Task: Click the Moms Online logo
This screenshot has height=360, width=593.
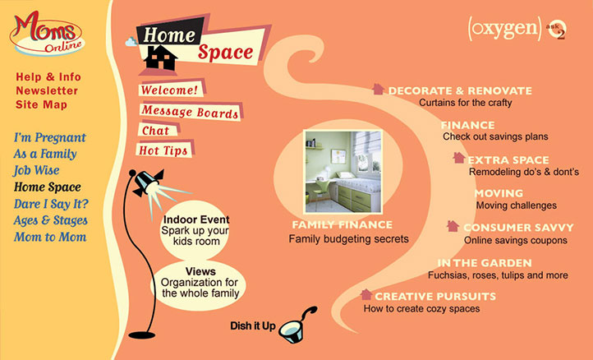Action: pyautogui.click(x=48, y=32)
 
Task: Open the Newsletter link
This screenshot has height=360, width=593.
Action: pyautogui.click(x=47, y=90)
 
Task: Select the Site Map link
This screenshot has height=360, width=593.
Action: pyautogui.click(x=41, y=104)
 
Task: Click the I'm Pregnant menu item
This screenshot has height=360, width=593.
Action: pyautogui.click(x=49, y=137)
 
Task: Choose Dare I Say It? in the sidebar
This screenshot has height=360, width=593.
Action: pyautogui.click(x=51, y=204)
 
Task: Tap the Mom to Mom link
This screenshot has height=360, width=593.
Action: pyautogui.click(x=49, y=238)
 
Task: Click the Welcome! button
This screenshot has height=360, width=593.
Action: pyautogui.click(x=169, y=90)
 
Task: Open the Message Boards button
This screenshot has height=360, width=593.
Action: pyautogui.click(x=190, y=111)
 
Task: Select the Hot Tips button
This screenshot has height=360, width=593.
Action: pyautogui.click(x=164, y=150)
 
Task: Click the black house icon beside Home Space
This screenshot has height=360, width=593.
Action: pyautogui.click(x=160, y=57)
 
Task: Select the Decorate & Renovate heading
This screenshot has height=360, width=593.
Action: pyautogui.click(x=460, y=90)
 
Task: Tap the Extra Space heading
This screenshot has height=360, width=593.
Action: pyautogui.click(x=508, y=159)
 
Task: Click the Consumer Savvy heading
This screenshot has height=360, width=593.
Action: pyautogui.click(x=515, y=228)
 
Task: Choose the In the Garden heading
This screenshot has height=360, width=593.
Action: pyautogui.click(x=484, y=263)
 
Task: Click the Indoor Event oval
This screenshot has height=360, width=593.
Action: pyautogui.click(x=195, y=225)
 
